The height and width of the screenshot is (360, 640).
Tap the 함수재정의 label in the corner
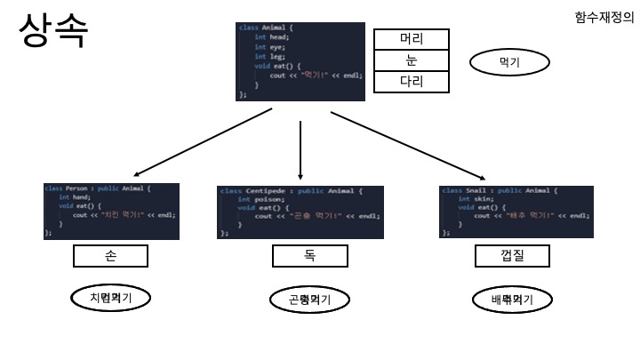click(604, 18)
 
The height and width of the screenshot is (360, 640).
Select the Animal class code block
click(300, 61)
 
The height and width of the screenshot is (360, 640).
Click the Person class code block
click(111, 211)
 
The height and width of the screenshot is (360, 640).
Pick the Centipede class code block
click(300, 212)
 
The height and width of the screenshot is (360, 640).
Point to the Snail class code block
click(516, 212)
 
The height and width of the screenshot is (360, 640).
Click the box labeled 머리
click(411, 39)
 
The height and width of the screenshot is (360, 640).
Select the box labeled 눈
click(411, 60)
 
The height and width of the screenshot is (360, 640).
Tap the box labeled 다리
click(411, 82)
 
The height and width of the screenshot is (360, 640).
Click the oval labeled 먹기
click(509, 62)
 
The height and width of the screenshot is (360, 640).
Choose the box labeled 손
click(110, 256)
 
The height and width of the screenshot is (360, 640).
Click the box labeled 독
click(309, 256)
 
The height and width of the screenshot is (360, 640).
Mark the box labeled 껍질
click(512, 256)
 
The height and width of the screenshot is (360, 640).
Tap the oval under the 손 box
click(110, 299)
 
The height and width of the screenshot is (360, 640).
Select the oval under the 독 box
click(309, 300)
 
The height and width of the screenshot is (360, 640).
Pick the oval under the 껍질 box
click(512, 300)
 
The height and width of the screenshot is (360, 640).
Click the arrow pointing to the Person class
click(203, 144)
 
